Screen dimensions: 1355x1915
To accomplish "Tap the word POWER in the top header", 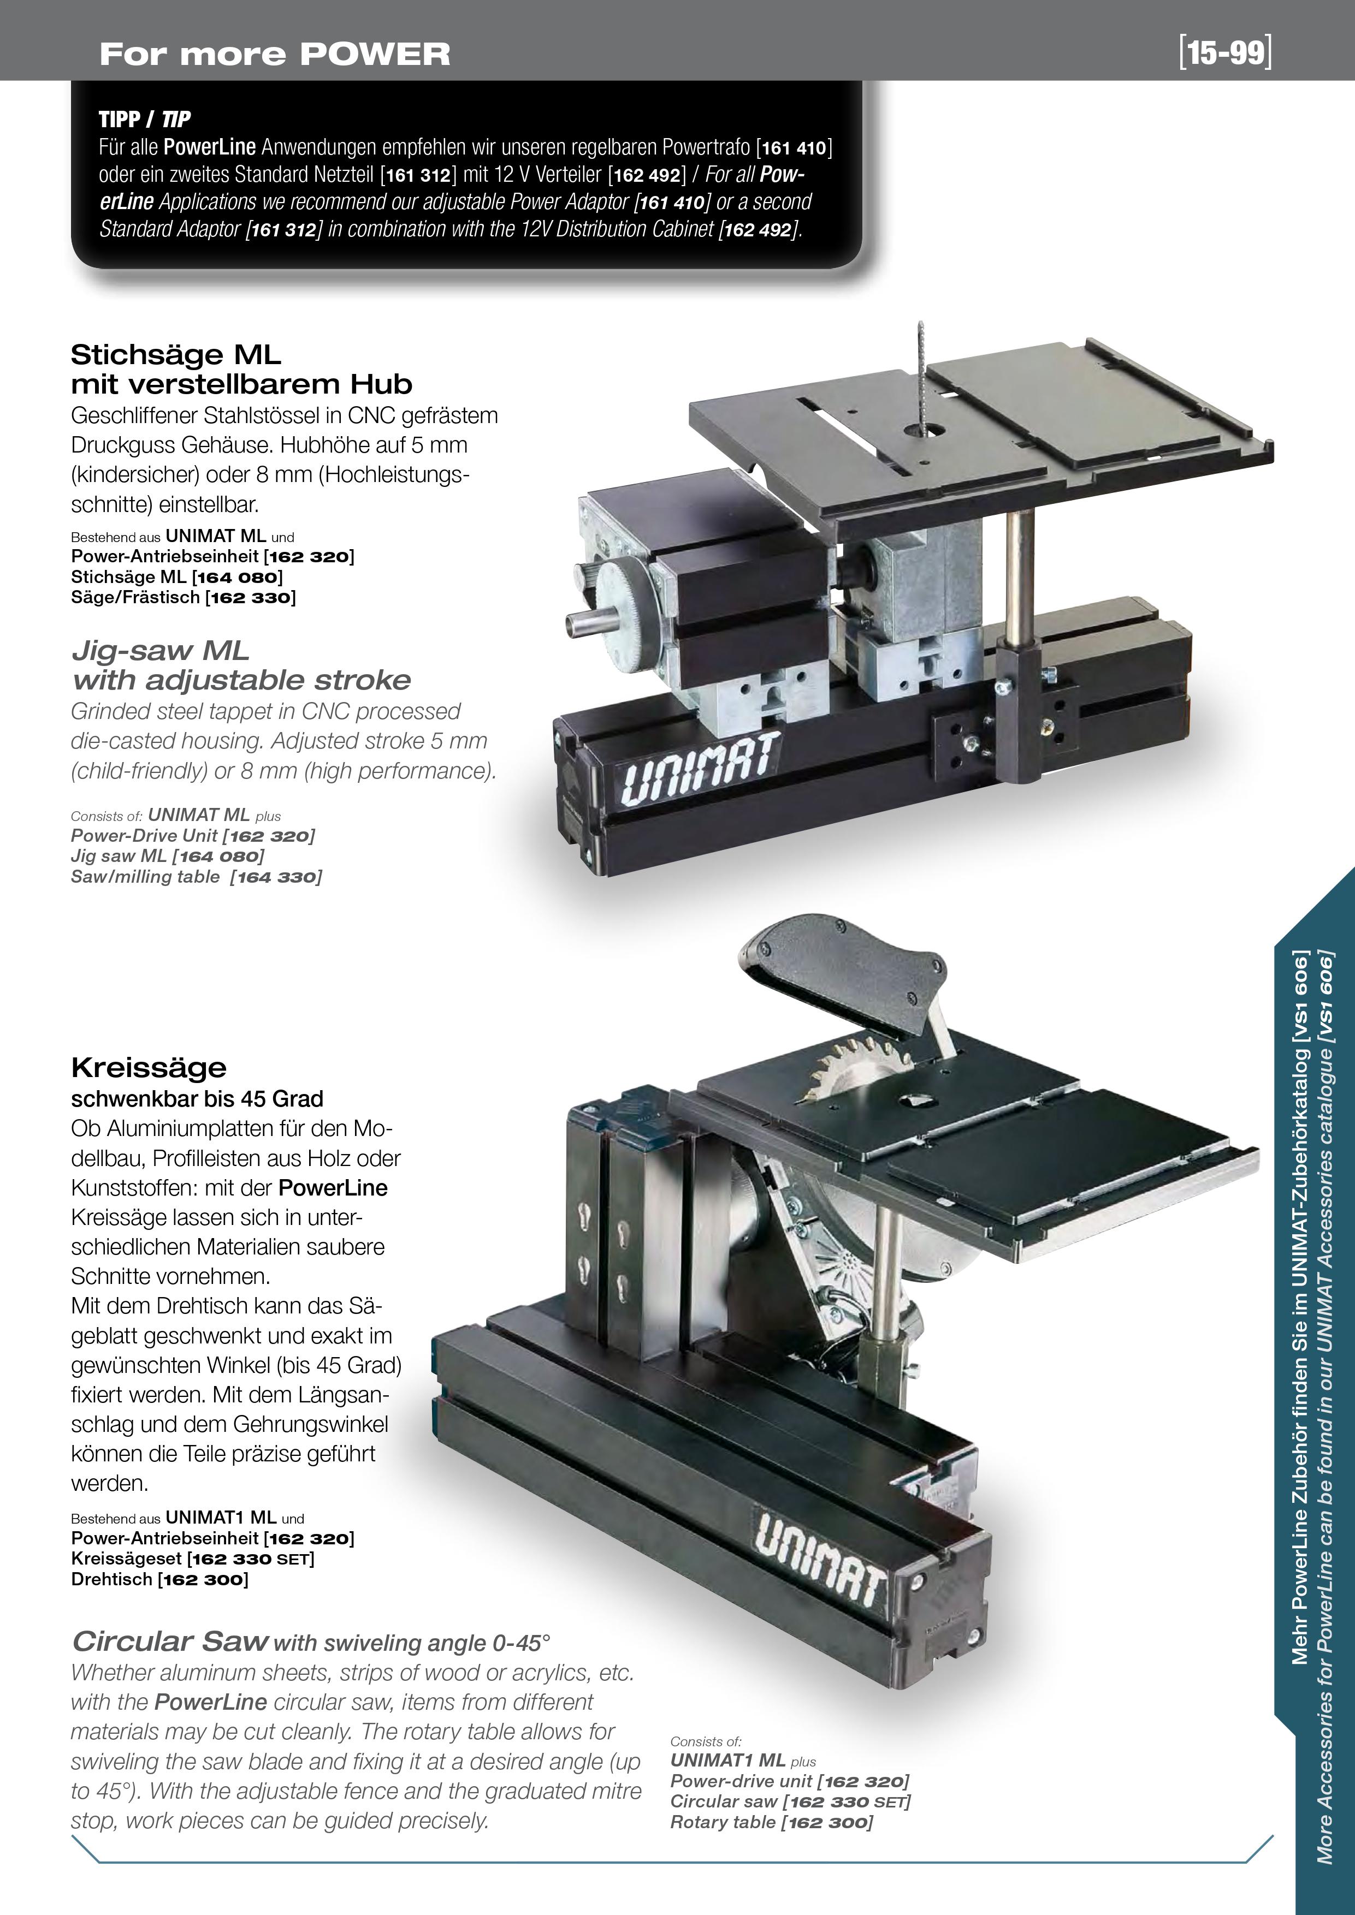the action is pyautogui.click(x=375, y=54).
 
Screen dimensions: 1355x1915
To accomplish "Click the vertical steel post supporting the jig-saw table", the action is pyautogui.click(x=1019, y=575).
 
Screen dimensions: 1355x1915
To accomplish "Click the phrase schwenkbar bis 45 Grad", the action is pyautogui.click(x=198, y=1098).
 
